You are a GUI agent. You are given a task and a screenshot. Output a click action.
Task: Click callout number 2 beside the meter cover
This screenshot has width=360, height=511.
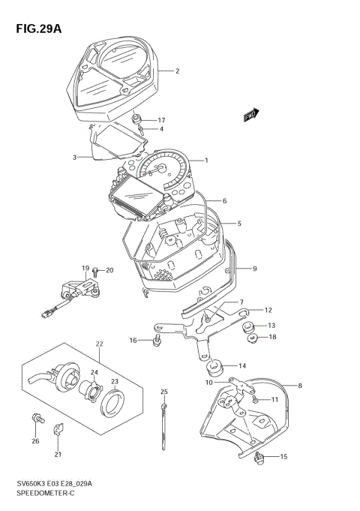tap(177, 72)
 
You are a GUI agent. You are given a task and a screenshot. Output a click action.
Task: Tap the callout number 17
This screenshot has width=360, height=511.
tap(161, 120)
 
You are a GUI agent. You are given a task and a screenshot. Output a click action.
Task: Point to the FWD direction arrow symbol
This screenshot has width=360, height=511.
tap(250, 115)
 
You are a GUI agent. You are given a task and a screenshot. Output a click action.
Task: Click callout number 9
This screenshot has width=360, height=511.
tap(254, 269)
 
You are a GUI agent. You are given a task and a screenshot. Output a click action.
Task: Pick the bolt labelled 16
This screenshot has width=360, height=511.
tap(155, 341)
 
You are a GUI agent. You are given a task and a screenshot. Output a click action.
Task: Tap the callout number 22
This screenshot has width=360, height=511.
tap(98, 344)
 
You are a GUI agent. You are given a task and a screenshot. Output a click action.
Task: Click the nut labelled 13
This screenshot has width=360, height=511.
tap(250, 327)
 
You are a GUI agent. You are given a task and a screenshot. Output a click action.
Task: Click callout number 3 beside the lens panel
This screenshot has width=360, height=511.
tap(74, 158)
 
